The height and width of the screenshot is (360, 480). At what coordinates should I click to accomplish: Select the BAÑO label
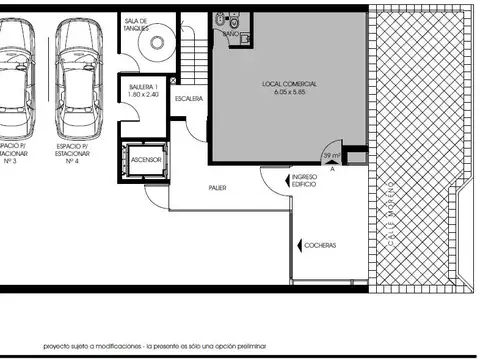pyautogui.click(x=230, y=34)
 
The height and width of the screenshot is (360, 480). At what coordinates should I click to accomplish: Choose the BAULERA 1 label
pyautogui.click(x=143, y=88)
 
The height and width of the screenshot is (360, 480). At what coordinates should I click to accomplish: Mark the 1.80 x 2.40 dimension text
pyautogui.click(x=143, y=96)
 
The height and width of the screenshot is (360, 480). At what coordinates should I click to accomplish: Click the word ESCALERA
pyautogui.click(x=188, y=99)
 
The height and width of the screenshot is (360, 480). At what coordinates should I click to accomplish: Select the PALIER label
pyautogui.click(x=217, y=187)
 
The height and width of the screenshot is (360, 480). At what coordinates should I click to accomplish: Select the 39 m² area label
pyautogui.click(x=329, y=156)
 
